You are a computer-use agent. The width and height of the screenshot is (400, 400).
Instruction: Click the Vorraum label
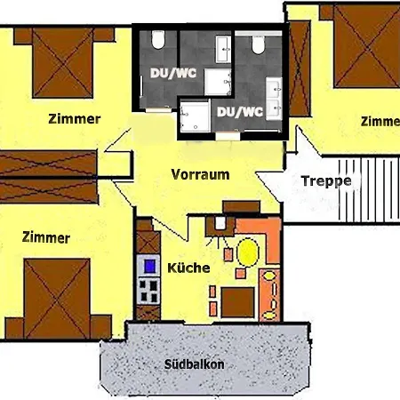[200, 174]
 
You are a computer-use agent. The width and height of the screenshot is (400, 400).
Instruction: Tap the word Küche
[188, 268]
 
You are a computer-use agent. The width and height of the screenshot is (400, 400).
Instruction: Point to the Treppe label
[326, 181]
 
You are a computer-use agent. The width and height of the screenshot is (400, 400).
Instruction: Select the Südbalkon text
[194, 364]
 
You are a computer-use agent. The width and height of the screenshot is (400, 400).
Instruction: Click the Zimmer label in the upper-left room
[75, 119]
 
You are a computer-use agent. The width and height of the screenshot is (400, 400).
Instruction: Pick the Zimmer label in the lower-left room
[46, 237]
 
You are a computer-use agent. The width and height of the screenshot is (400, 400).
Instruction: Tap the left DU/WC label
[173, 73]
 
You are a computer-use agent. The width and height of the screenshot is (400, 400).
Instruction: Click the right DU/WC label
[240, 112]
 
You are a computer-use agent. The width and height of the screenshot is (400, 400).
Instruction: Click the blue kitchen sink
[150, 266]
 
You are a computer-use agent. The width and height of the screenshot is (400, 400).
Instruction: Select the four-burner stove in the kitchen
[148, 292]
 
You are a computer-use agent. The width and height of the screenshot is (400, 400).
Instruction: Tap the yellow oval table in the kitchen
[248, 252]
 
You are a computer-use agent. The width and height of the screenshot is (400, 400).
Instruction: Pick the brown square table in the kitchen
[237, 302]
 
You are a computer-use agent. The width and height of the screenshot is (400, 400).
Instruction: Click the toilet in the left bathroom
[157, 39]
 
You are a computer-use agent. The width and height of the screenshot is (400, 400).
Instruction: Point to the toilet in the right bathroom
[258, 44]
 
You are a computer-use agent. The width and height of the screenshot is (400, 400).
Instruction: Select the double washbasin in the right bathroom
[274, 99]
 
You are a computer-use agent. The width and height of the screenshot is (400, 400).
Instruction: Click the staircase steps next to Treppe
[369, 189]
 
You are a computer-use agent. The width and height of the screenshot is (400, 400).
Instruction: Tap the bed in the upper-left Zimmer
[63, 62]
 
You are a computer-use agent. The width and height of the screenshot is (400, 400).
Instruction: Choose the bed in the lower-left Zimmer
[57, 299]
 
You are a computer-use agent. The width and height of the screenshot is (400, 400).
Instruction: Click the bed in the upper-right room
[367, 45]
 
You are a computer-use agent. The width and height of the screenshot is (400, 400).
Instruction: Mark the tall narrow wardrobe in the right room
[300, 68]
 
